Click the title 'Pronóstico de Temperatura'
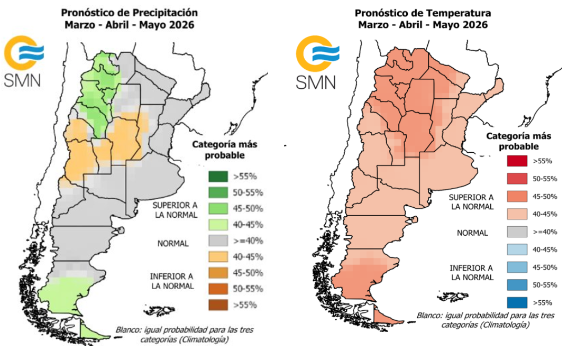click(423, 13)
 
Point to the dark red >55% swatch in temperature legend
click(517, 161)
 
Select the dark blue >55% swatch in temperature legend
click(517, 303)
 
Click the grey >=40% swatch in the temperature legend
click(517, 232)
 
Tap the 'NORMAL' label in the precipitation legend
click(173, 244)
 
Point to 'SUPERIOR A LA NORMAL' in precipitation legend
click(175, 209)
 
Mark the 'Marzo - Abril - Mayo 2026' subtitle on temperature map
click(423, 25)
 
